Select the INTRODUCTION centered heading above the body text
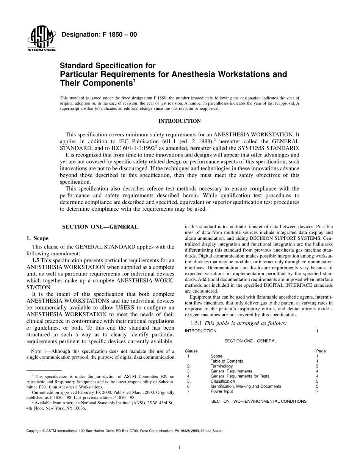tap(179, 121)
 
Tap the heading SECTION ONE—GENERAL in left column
tap(100, 227)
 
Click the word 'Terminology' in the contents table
tap(222, 366)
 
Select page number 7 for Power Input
tap(317, 391)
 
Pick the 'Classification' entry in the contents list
tap(222, 381)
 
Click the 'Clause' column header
tap(191, 351)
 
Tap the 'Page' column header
tap(321, 351)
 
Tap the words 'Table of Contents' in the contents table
tap(227, 361)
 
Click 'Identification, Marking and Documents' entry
tap(246, 386)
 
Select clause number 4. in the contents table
tap(189, 376)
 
